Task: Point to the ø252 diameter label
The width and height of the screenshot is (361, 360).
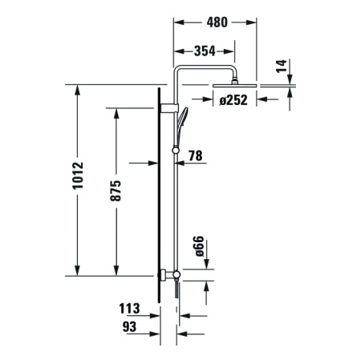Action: tap(237, 99)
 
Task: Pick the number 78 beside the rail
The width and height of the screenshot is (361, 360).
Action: tap(195, 157)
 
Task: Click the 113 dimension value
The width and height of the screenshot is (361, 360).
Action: tap(128, 308)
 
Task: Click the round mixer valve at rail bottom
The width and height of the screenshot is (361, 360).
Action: tap(176, 276)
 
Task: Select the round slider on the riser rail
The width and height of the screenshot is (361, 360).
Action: tap(176, 148)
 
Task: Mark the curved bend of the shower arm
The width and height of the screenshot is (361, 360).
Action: tap(180, 73)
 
